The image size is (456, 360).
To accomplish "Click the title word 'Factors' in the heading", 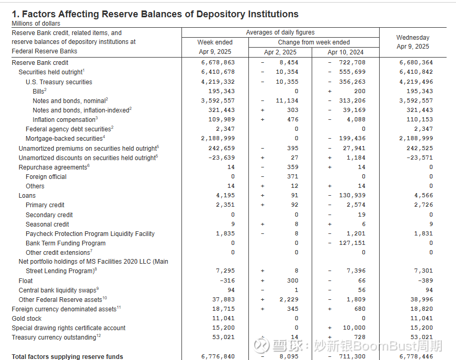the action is click(39, 14).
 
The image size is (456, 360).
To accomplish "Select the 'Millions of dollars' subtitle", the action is click(36, 24).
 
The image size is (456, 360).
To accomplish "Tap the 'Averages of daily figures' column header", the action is click(280, 32).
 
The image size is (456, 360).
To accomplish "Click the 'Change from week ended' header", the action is click(314, 42).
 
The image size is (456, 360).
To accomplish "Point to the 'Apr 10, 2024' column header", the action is click(346, 52).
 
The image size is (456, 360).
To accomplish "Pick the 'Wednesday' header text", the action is click(413, 38).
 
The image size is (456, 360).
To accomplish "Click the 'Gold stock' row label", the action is click(27, 319).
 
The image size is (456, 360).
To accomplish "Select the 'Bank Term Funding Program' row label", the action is click(65, 243).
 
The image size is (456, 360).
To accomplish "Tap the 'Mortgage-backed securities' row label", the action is click(64, 139).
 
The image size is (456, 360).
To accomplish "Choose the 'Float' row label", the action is click(26, 281).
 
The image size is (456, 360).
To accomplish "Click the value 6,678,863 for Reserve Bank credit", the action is click(218, 62).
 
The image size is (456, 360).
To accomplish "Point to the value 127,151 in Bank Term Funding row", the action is click(352, 243).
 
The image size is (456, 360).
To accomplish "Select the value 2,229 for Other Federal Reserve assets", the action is click(289, 299).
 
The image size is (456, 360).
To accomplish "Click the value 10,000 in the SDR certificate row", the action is click(354, 328).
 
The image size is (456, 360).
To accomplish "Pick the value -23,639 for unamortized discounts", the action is click(221, 157).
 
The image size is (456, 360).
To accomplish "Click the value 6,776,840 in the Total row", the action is click(218, 356).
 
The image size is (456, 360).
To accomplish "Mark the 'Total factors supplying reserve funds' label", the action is click(67, 356).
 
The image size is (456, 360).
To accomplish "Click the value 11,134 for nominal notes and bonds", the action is click(287, 100).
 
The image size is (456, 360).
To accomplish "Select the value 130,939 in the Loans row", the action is click(352, 195).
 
